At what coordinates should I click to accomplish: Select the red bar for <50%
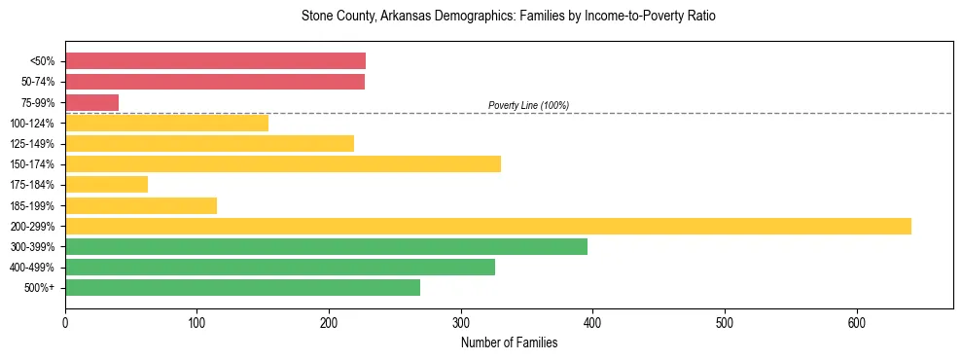tap(215, 60)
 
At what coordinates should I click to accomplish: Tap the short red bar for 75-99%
tap(91, 102)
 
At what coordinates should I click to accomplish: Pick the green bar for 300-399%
tap(326, 246)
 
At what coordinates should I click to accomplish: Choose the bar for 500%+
tap(242, 287)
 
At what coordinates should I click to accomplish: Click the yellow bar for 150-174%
tap(283, 163)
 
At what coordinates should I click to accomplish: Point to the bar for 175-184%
tap(106, 184)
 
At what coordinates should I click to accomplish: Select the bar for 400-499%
tap(280, 267)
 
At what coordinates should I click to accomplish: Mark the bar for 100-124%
tap(166, 123)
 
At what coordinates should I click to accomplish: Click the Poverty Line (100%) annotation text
tap(528, 105)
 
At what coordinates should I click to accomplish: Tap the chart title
tap(509, 17)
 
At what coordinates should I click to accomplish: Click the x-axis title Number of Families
tap(509, 342)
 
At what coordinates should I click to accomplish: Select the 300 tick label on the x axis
tap(461, 323)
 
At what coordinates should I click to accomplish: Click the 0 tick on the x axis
tap(65, 323)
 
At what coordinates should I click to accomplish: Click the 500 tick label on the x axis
tap(725, 323)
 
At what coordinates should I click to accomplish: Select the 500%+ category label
tap(40, 288)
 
